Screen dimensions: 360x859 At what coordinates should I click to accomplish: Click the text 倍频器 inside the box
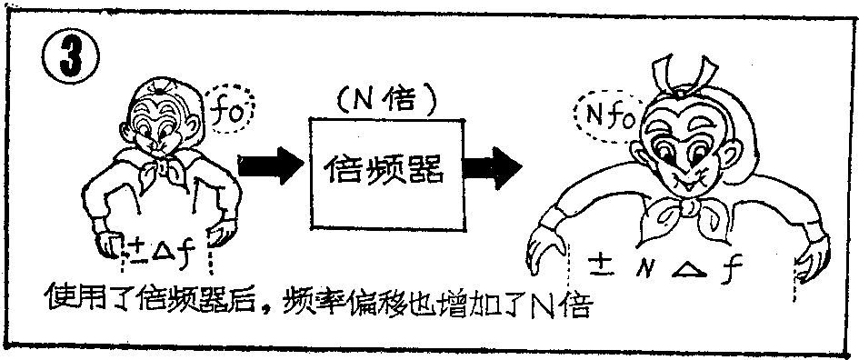[385, 169]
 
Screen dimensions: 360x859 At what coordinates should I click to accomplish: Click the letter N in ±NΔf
[644, 267]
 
